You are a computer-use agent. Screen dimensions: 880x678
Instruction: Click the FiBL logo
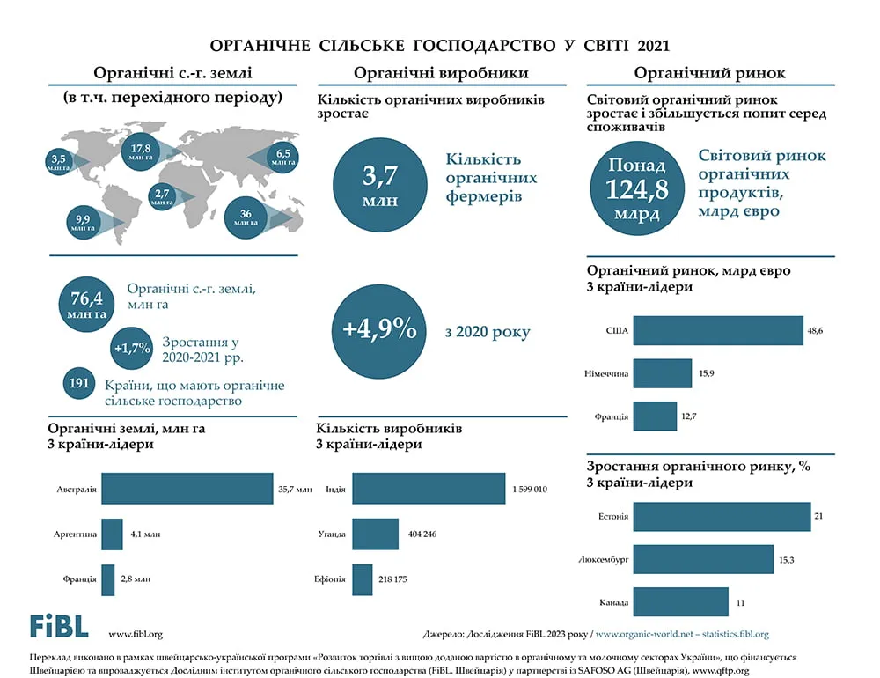tap(59, 626)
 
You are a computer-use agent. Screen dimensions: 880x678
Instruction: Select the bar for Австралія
tap(187, 489)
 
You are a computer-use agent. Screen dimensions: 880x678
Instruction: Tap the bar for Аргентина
tap(113, 534)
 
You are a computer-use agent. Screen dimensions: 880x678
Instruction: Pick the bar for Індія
tap(429, 489)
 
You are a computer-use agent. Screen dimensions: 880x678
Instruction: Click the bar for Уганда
tap(376, 534)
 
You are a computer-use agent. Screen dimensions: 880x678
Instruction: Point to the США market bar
tap(718, 330)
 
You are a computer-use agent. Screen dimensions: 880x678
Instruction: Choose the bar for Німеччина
tap(663, 373)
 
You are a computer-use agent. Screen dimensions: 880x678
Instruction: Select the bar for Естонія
tap(722, 516)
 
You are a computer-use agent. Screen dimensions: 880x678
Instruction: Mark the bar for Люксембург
tap(704, 559)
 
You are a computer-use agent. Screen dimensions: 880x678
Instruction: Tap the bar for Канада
tap(681, 602)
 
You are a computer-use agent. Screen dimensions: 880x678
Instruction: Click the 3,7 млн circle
tap(380, 185)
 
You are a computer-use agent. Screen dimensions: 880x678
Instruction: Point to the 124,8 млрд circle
tap(637, 188)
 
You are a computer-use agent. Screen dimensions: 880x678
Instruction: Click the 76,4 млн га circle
tap(86, 304)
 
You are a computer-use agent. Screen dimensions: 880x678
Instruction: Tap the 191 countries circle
tap(78, 384)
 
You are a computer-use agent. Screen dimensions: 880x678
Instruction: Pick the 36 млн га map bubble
tap(246, 218)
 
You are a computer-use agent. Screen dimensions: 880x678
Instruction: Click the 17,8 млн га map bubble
tap(140, 151)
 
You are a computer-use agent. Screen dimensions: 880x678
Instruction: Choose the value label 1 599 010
tap(530, 490)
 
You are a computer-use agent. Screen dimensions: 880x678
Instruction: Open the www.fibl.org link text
tap(136, 634)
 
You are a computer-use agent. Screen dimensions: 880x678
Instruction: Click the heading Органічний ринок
tap(710, 73)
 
